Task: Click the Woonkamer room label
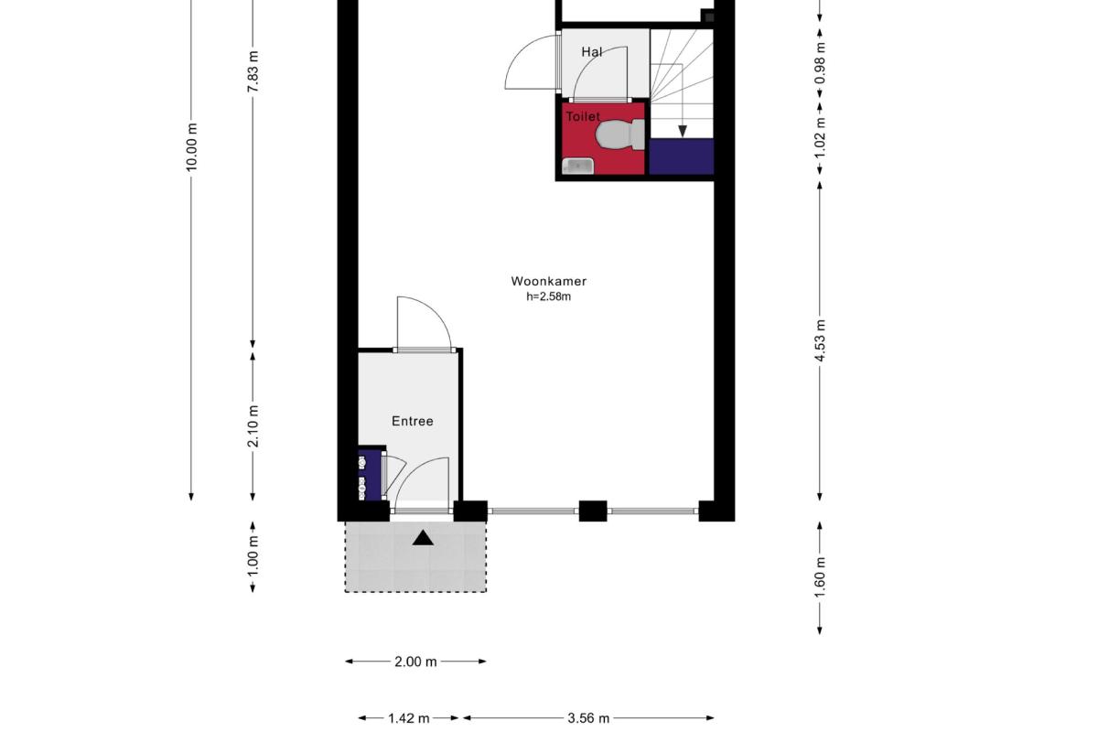pos(548,282)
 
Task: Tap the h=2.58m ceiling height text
pos(548,296)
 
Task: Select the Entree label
pos(413,421)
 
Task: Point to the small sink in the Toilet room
pos(578,167)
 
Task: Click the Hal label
pos(592,52)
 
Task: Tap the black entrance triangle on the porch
pos(423,539)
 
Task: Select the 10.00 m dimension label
pos(191,147)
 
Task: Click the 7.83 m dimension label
pos(253,71)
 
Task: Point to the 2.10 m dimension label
pos(253,426)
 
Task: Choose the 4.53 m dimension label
pos(820,339)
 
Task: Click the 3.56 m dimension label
pos(588,718)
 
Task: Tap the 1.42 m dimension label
pos(409,718)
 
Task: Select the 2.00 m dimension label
pos(415,662)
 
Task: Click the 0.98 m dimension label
pos(820,63)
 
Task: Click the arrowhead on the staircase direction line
pos(683,131)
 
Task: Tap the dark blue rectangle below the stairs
pos(682,156)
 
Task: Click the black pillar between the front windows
pos(593,511)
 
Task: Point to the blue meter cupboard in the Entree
pos(370,475)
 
